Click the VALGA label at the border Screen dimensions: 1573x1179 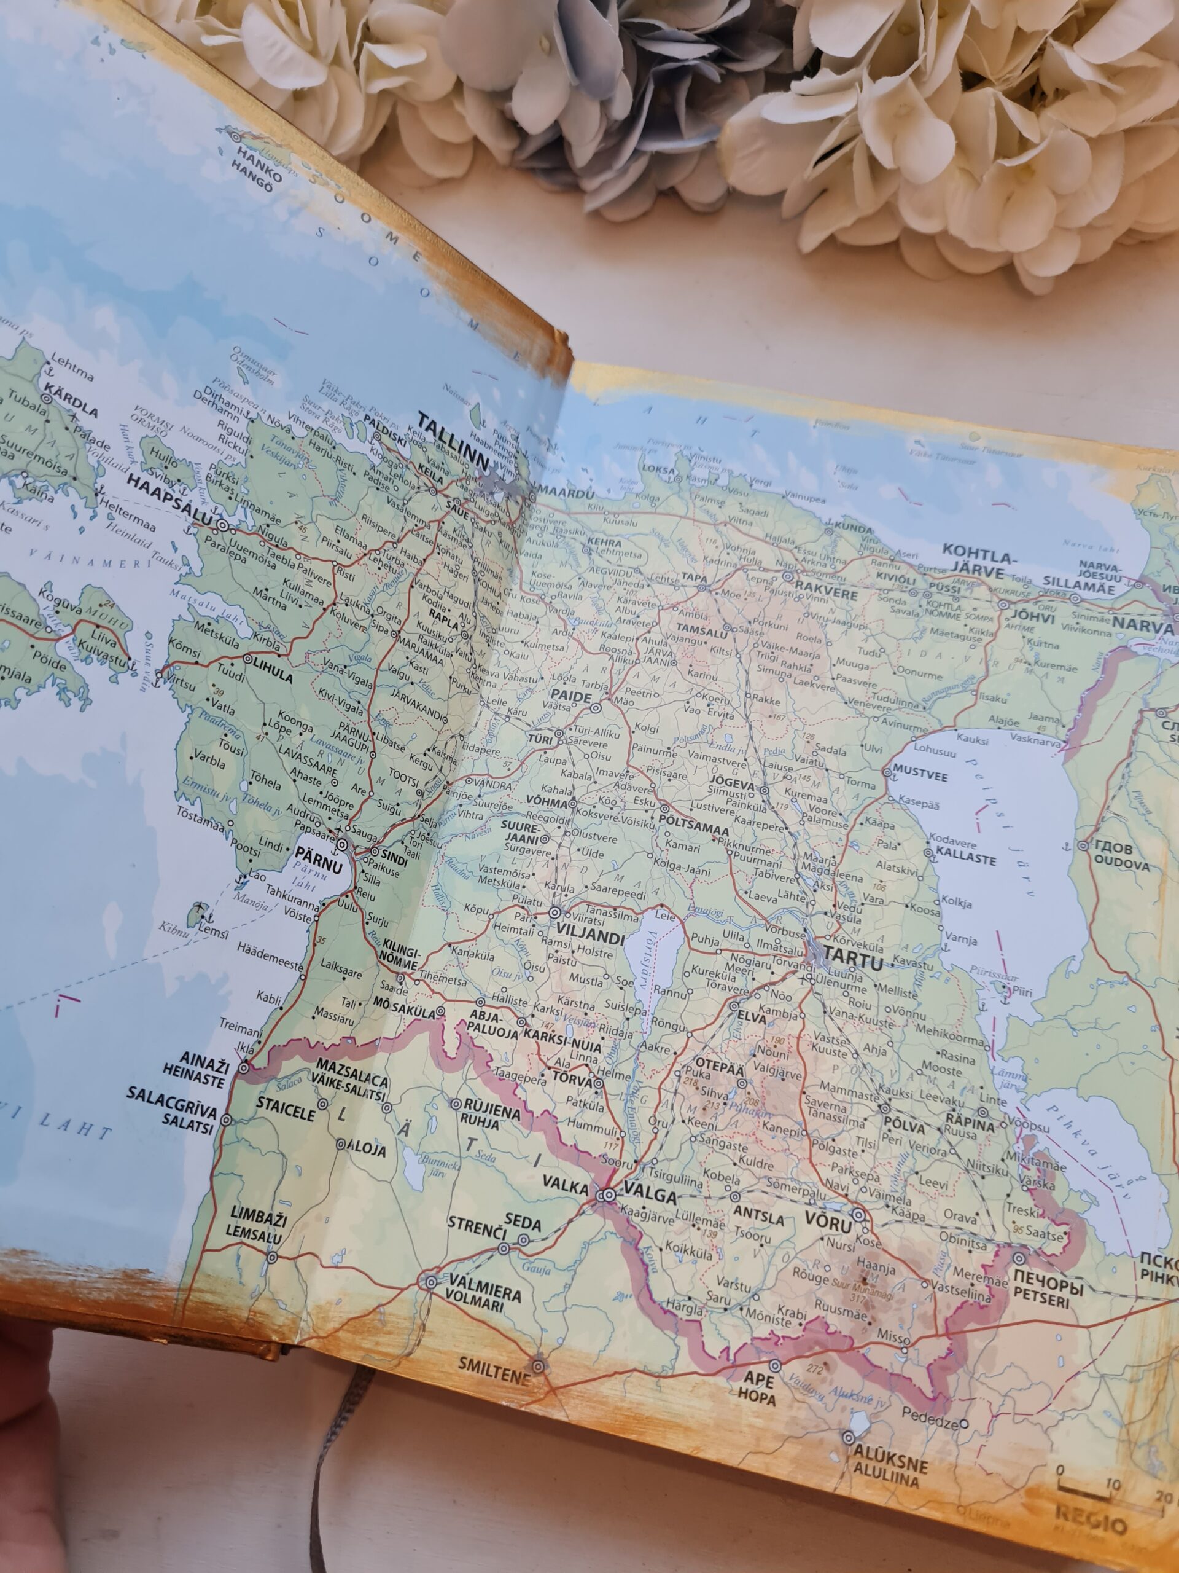point(649,1197)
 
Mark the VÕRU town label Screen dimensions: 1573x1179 point(827,1221)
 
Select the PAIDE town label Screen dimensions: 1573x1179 point(570,697)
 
